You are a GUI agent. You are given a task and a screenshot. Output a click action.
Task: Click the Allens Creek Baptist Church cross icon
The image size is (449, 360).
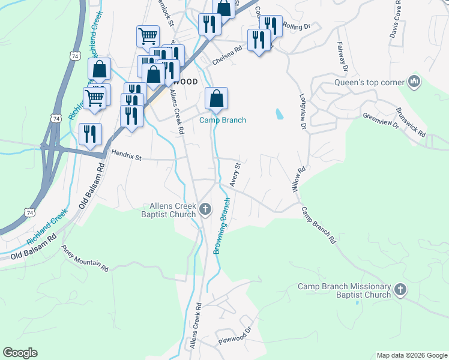coord(205,209)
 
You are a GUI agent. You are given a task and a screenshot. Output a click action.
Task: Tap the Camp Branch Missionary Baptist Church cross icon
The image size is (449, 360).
coord(400,291)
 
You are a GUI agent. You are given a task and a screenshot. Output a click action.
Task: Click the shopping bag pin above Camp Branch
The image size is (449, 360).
coord(216,98)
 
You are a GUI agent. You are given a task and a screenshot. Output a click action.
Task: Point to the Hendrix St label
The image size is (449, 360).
coord(125,158)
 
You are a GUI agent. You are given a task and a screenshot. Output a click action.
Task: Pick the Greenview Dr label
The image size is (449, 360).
coord(381,119)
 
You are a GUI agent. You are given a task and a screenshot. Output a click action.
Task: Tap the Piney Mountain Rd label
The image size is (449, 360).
coord(85,257)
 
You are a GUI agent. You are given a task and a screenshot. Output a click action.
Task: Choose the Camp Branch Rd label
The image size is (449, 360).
coord(318,225)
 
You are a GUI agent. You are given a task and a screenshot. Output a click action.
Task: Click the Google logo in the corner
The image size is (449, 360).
coord(20,353)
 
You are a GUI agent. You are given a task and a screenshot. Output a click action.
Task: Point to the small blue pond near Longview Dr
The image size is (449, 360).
coord(279,113)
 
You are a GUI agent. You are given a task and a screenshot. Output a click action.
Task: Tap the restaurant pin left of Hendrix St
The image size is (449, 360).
coord(90,134)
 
